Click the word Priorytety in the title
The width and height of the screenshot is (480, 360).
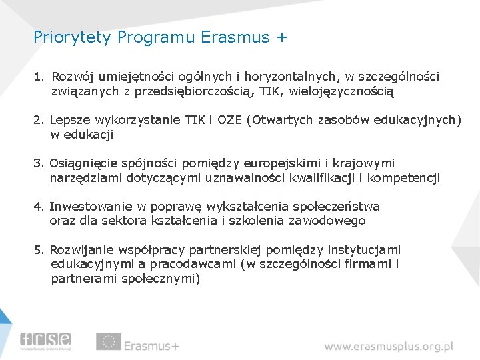(x=73, y=37)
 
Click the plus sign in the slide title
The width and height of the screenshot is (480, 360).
(x=281, y=37)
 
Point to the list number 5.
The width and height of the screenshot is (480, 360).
(x=39, y=250)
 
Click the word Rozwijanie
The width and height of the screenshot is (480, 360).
(x=82, y=250)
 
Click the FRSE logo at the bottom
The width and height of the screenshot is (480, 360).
(x=45, y=342)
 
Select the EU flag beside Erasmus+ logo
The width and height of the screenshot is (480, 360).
(x=108, y=342)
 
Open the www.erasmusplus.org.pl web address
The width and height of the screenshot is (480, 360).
(x=389, y=346)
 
